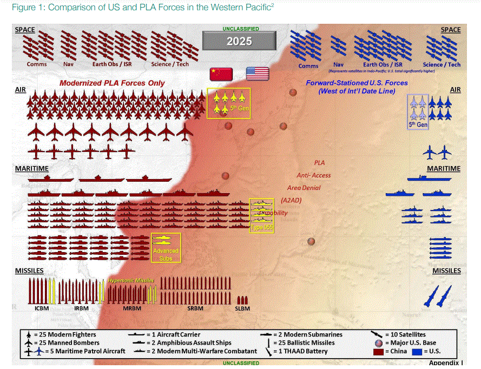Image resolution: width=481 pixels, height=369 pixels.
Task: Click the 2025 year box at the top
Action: point(239,41)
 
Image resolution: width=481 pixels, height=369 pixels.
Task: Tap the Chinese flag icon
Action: point(221,74)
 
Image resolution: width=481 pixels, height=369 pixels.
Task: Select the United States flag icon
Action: point(258,74)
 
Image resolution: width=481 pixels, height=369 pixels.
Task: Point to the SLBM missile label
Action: point(242,308)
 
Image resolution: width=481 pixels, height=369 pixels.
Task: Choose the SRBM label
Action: point(195,308)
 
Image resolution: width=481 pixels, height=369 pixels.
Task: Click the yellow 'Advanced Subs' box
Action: point(166,247)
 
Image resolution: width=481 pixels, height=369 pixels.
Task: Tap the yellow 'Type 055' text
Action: point(261,228)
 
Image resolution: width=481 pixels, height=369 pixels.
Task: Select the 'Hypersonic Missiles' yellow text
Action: point(131,280)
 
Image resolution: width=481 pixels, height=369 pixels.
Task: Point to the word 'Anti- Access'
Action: point(313,175)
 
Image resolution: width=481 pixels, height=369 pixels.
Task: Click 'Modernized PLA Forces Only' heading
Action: point(112,83)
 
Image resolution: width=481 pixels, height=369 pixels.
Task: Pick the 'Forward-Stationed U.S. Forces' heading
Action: point(364,83)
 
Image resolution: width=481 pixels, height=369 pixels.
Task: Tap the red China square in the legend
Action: point(378,352)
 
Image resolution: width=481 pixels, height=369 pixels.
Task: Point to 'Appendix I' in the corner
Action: point(444,363)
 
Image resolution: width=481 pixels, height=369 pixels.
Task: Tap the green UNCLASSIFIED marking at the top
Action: point(240,28)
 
